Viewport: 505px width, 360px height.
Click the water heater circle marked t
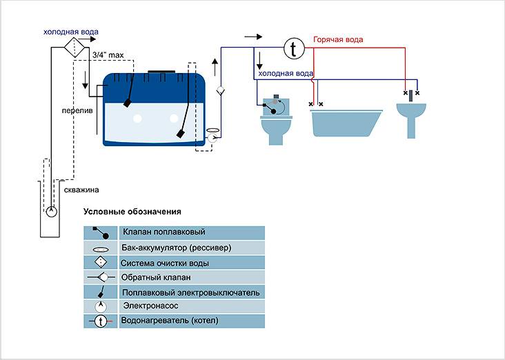tap(295, 48)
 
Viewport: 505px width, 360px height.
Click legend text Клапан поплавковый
tap(163, 232)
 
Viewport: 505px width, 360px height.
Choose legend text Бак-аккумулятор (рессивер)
tap(176, 247)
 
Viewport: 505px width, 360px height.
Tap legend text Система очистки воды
tap(164, 263)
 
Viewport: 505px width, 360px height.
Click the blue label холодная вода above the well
tap(70, 32)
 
